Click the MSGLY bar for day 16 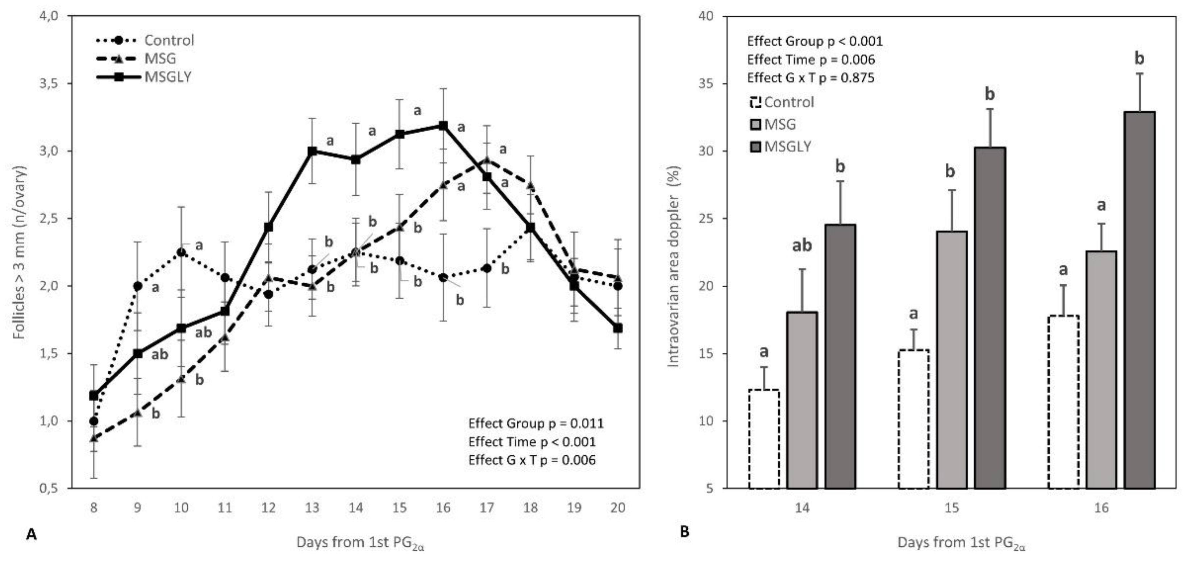coord(1140,300)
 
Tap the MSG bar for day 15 coord(952,359)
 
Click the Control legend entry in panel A coord(146,41)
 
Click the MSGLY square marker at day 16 coord(443,125)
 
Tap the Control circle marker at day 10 coord(182,252)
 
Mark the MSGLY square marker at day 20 coord(618,328)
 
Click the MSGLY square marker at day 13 coord(312,151)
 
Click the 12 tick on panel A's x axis coord(268,508)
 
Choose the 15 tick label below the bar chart coord(952,508)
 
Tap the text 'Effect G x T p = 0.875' coord(811,78)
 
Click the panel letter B coord(685,533)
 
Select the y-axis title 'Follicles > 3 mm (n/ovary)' coord(19,252)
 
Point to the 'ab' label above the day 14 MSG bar coord(802,246)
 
